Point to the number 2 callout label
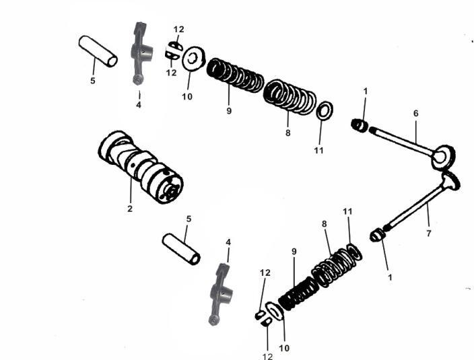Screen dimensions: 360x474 click(130, 209)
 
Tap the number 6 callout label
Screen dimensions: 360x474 click(415, 114)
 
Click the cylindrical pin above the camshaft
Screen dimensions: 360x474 click(98, 51)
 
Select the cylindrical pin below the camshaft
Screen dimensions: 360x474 click(182, 249)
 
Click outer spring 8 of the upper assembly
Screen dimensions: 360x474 click(290, 97)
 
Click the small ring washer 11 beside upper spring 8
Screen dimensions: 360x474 click(323, 111)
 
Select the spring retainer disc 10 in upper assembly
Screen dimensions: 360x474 click(194, 59)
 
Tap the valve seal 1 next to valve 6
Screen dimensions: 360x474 click(360, 125)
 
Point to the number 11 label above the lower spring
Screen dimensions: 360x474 click(348, 211)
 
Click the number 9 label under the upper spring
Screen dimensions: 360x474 click(229, 110)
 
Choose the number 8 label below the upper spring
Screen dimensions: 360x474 click(287, 133)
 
